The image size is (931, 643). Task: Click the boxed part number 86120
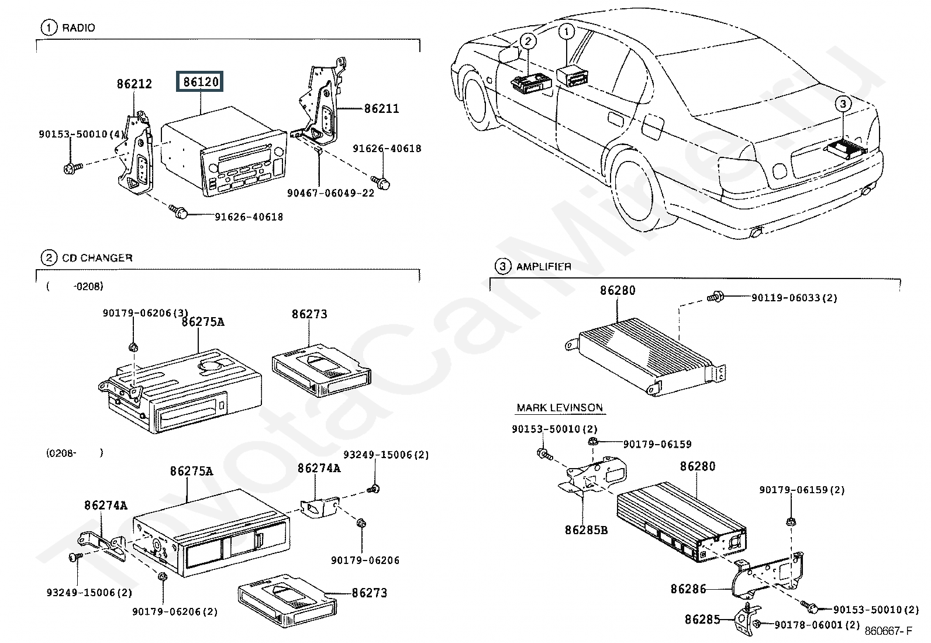point(201,82)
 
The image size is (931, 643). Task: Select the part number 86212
point(134,84)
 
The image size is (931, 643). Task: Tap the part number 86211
point(382,108)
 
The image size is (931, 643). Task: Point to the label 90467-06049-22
point(330,193)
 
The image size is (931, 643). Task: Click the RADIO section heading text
point(78,27)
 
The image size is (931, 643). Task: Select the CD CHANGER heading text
point(97,257)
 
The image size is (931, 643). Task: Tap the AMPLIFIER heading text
point(543,267)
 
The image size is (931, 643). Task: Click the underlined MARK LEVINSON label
point(560,408)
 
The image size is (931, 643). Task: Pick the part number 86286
point(688,589)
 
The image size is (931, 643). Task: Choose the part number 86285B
point(586,530)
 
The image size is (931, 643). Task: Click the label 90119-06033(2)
point(794,298)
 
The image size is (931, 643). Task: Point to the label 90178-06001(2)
point(817,625)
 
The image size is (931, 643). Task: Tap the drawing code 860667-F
point(888,631)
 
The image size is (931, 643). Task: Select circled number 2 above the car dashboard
point(527,40)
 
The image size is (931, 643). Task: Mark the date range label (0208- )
point(74,452)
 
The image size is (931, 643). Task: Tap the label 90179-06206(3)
point(137,313)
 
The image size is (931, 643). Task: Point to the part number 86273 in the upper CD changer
point(309,314)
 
